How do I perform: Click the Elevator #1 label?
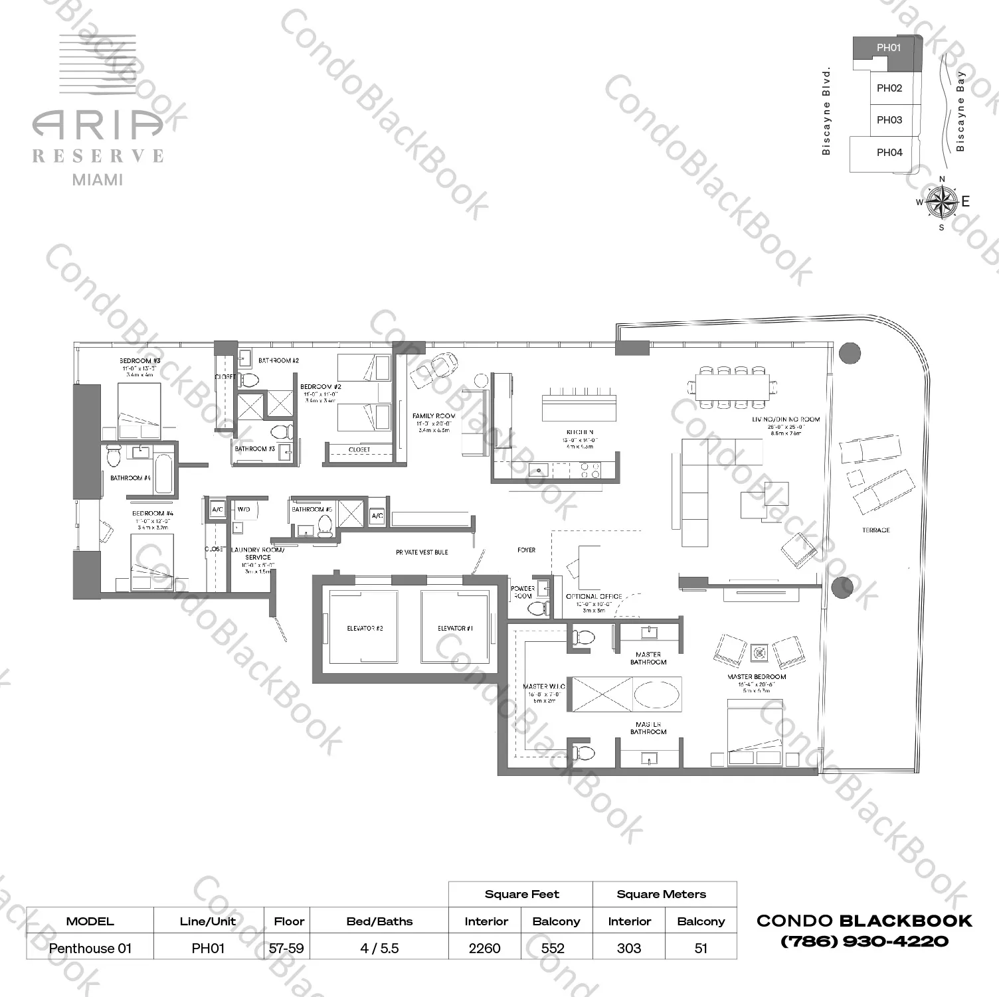[x=455, y=628]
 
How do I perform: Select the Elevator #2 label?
[x=365, y=628]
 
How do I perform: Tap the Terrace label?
[x=875, y=530]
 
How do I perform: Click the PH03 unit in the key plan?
[x=889, y=120]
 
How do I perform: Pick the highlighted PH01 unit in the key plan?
[x=888, y=48]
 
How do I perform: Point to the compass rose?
[x=941, y=202]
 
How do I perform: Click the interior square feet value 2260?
[x=484, y=948]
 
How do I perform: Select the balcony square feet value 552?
[x=553, y=948]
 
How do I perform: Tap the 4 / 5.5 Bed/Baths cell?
[x=379, y=948]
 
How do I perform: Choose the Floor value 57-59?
[x=286, y=948]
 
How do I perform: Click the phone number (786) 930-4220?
[x=864, y=941]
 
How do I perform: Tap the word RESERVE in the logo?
[x=98, y=156]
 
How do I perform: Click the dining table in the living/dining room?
[x=733, y=386]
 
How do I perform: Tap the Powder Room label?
[x=523, y=592]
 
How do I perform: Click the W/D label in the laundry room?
[x=244, y=509]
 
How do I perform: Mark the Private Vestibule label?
[x=422, y=552]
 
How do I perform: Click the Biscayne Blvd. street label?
[x=826, y=112]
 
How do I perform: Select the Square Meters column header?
[x=661, y=894]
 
